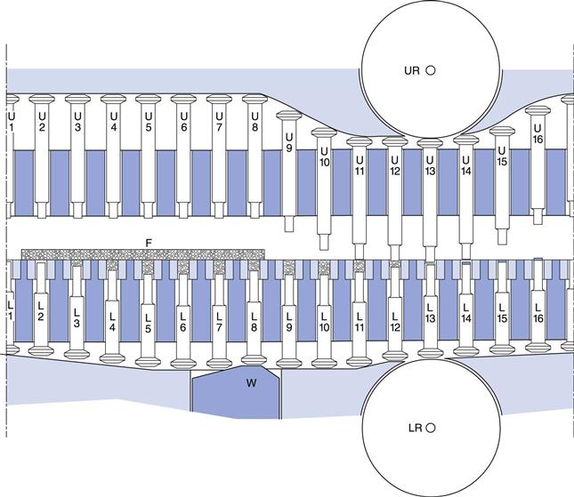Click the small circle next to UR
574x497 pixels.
tap(431, 69)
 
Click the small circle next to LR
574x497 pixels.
tap(431, 428)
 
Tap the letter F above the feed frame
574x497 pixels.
tap(149, 243)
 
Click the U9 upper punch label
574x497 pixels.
tap(288, 141)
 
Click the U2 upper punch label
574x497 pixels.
tap(42, 122)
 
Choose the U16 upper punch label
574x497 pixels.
tap(538, 132)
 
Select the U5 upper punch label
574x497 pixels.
tap(148, 122)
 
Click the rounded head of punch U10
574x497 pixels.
tap(324, 133)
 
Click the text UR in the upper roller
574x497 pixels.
tap(412, 69)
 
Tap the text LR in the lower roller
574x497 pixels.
tap(412, 428)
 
